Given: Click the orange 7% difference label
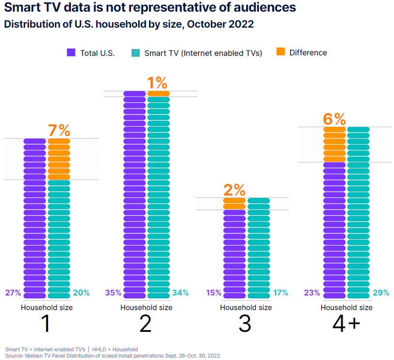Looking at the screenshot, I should click(x=59, y=131).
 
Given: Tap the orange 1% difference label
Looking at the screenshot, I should click(x=158, y=83).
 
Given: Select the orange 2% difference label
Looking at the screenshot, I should click(x=234, y=190).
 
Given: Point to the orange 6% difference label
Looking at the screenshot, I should click(x=334, y=119).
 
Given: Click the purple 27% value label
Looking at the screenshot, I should click(x=13, y=293).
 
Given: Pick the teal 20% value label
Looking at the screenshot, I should click(x=81, y=293).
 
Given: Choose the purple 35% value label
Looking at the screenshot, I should click(x=113, y=293).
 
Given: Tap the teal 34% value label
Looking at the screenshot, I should click(x=181, y=293).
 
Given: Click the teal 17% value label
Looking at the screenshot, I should click(x=280, y=293).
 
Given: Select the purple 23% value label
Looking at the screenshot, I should click(x=312, y=293).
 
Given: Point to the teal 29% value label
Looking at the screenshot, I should click(x=381, y=293).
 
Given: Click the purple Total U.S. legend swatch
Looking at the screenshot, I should click(x=71, y=53).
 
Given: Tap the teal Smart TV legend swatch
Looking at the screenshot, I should click(x=135, y=53).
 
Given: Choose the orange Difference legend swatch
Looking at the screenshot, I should click(x=280, y=52).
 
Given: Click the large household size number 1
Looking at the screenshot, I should click(x=46, y=324).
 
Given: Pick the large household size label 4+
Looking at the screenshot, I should click(x=346, y=324).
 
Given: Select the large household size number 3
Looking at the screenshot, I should click(x=246, y=324).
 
